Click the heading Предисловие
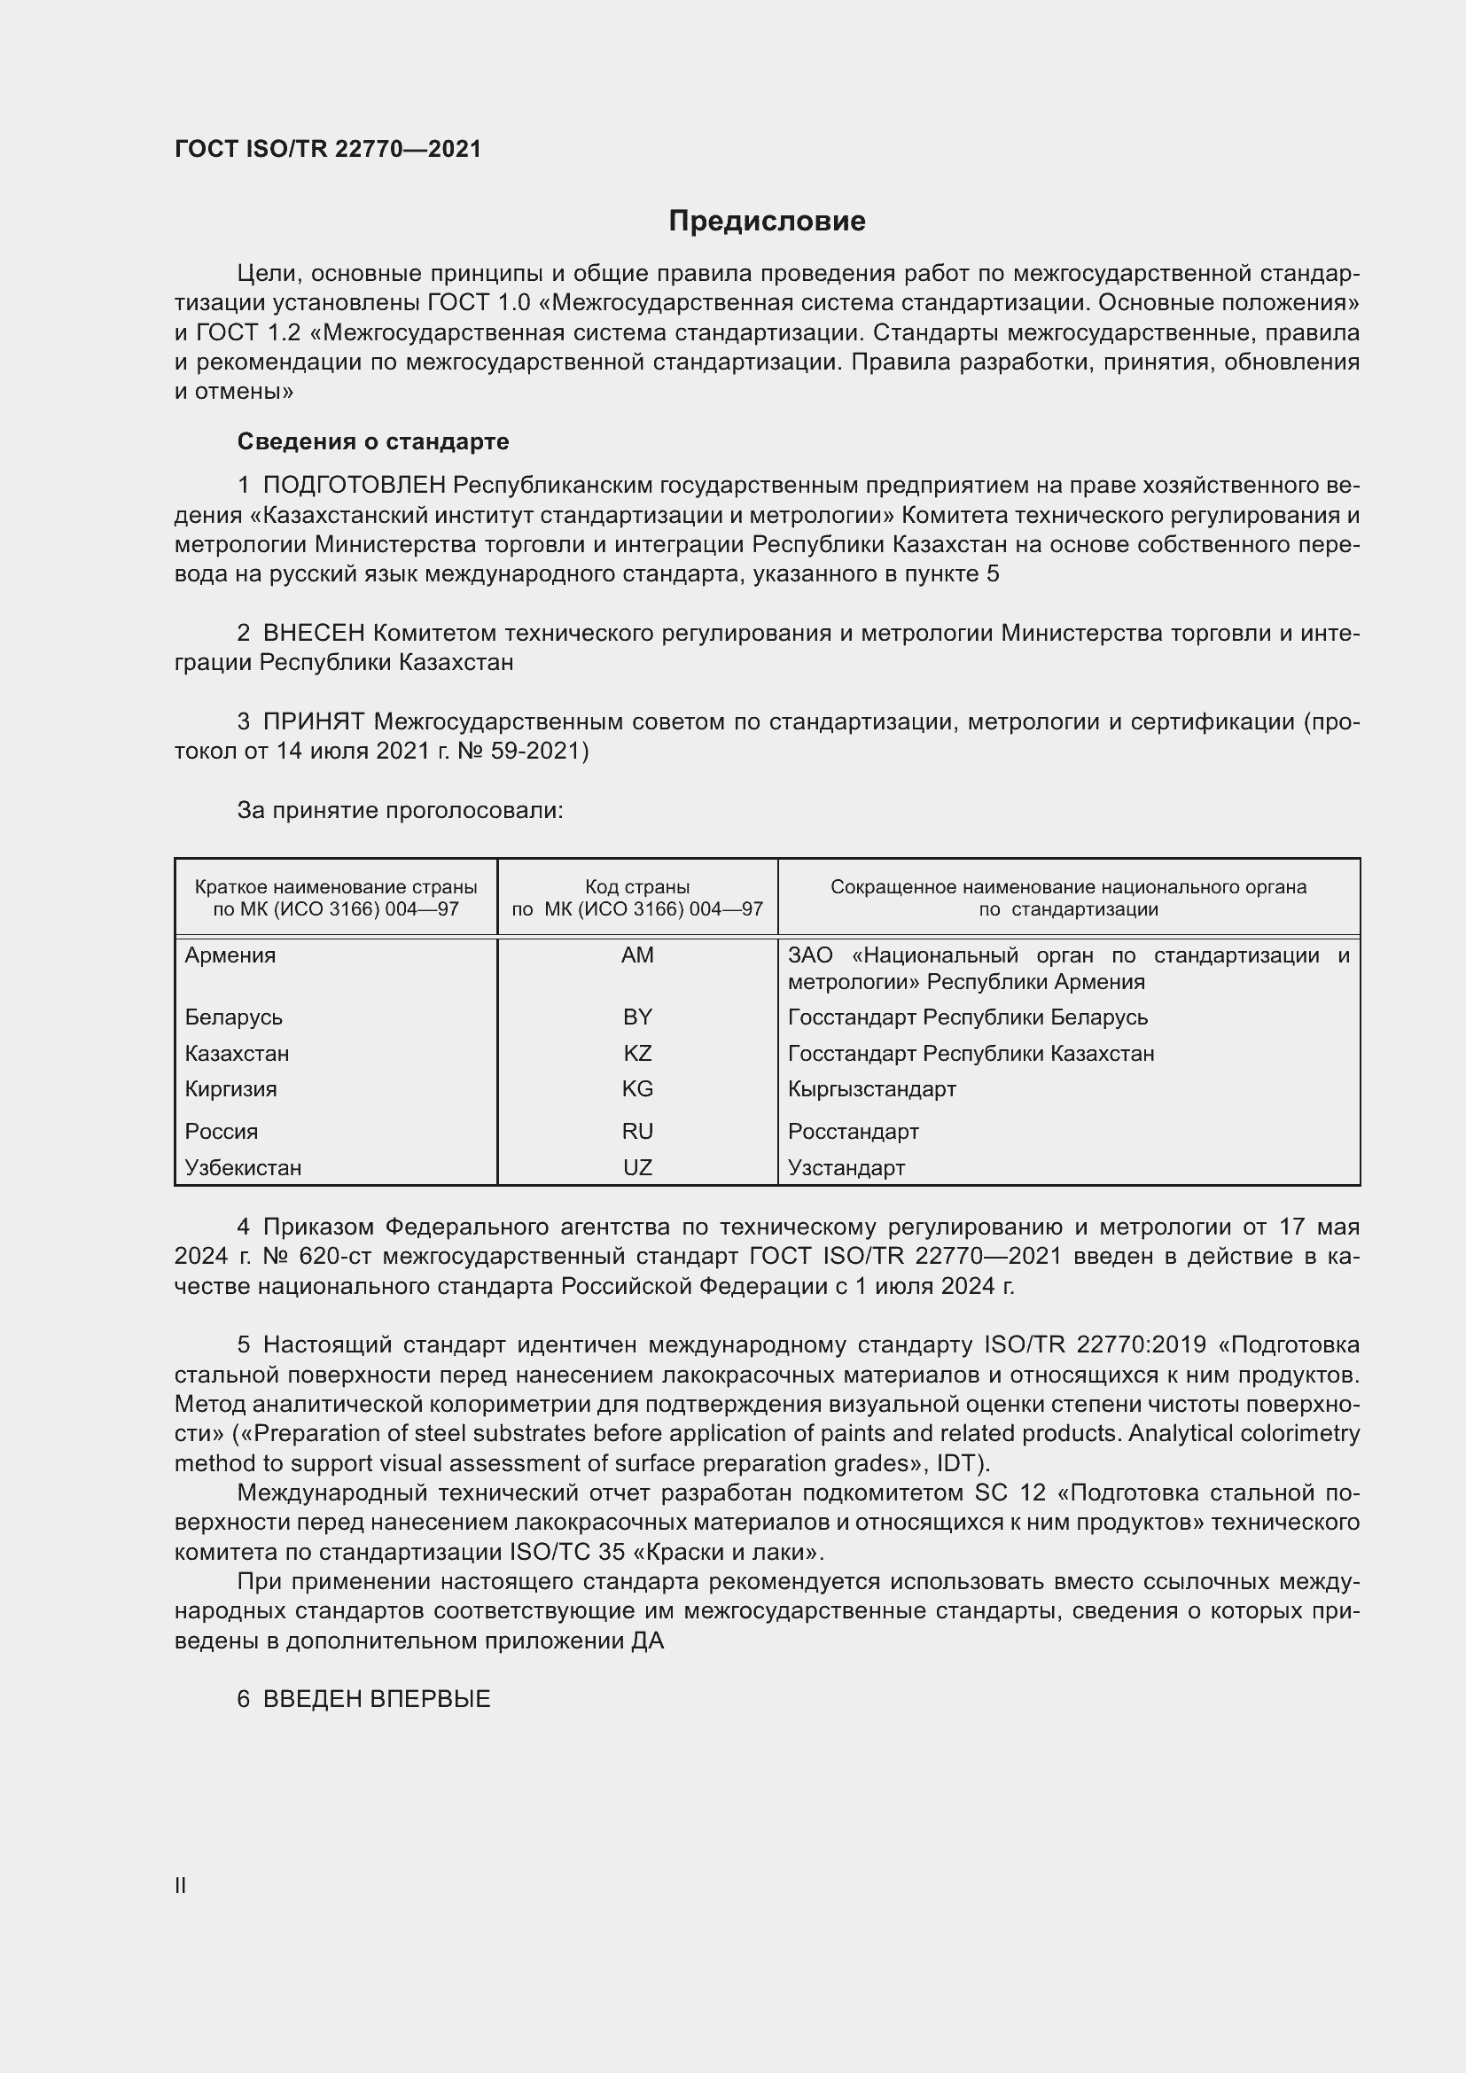[x=767, y=222]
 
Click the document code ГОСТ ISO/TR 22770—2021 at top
[x=328, y=149]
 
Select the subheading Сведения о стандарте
[x=373, y=441]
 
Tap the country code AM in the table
[x=637, y=955]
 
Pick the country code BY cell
[x=637, y=1017]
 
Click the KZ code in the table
[x=637, y=1053]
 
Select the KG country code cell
[x=637, y=1089]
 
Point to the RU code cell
[x=637, y=1131]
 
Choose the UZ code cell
[x=637, y=1167]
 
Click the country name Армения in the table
[x=230, y=955]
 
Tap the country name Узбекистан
[x=243, y=1167]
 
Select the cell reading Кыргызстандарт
[x=871, y=1089]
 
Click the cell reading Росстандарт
[x=853, y=1131]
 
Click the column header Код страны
[x=637, y=886]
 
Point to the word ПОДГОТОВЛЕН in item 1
[x=354, y=486]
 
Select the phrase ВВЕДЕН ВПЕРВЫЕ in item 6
[x=377, y=1698]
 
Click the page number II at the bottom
[x=181, y=1885]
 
